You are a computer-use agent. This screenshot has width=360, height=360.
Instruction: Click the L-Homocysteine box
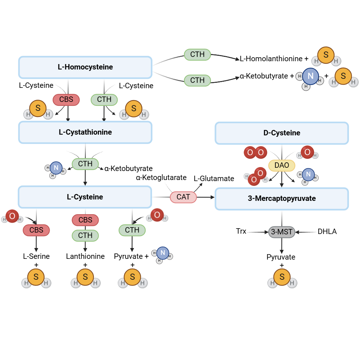[85, 67]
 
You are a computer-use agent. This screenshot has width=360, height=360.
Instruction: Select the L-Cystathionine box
[85, 132]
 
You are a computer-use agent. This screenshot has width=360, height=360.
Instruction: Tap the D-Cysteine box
[282, 133]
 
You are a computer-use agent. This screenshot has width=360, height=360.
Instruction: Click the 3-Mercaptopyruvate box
[282, 198]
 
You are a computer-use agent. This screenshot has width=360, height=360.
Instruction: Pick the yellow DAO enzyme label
[282, 165]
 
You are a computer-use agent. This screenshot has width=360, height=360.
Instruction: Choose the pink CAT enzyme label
[183, 197]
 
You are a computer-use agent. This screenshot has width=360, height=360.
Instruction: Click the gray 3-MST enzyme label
[282, 232]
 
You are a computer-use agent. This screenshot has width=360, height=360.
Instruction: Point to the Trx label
[241, 231]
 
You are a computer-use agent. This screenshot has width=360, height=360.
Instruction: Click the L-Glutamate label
[214, 179]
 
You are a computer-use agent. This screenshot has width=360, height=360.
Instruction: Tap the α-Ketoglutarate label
[161, 177]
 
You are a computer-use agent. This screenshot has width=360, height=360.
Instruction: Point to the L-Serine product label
[36, 256]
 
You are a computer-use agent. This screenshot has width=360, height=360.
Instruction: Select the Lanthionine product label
[85, 256]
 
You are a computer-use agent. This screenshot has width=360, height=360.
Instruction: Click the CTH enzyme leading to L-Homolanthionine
[197, 54]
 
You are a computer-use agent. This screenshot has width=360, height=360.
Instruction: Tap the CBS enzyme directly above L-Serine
[36, 230]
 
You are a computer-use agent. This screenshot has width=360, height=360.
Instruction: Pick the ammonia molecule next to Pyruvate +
[162, 253]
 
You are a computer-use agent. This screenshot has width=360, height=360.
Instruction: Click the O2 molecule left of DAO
[255, 153]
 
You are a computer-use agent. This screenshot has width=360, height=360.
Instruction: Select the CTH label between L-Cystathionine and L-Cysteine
[85, 164]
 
